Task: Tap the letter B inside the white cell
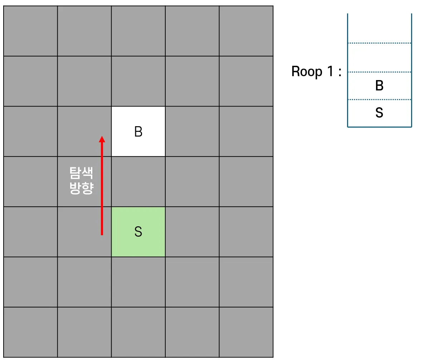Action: (x=138, y=132)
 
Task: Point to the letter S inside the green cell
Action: (x=138, y=232)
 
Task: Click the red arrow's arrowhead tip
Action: (x=102, y=137)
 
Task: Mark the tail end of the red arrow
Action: (x=102, y=234)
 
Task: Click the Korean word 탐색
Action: (x=82, y=173)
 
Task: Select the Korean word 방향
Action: (x=82, y=188)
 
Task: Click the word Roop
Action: (x=307, y=71)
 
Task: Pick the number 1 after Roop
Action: (x=330, y=71)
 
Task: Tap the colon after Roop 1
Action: (x=340, y=72)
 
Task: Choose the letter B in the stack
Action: (x=379, y=86)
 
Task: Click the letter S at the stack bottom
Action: (x=379, y=113)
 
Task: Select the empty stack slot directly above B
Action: (x=379, y=58)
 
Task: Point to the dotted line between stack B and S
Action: (x=379, y=99)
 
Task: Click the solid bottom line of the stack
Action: (x=379, y=127)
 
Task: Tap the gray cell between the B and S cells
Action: (x=138, y=182)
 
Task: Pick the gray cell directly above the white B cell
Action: (x=138, y=81)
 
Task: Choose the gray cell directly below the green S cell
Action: (x=138, y=282)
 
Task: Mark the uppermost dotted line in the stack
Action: (x=379, y=43)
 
